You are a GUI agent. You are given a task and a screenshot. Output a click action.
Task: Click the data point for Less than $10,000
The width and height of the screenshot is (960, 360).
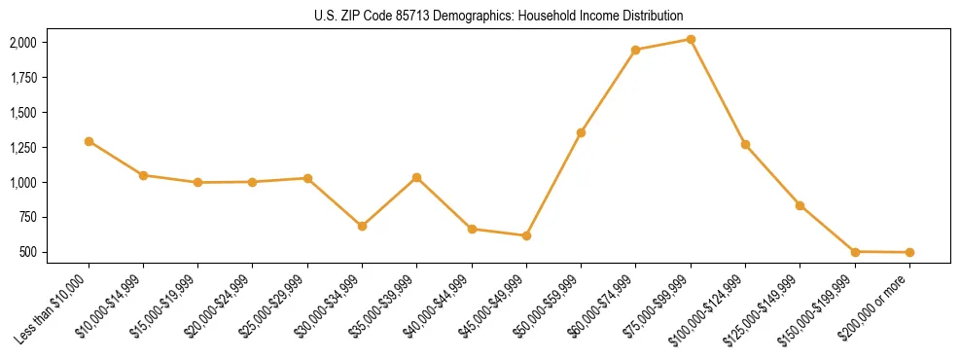pos(89,141)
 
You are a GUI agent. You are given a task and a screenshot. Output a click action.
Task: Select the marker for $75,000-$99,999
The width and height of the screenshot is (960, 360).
pos(691,39)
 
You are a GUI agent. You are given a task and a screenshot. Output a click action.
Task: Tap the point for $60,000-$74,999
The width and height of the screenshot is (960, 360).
pos(635,50)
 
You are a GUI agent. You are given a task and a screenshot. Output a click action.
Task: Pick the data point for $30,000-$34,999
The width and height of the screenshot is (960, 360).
pos(362,226)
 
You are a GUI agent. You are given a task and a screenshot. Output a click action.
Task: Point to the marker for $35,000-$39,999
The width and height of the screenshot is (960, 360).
pos(416,177)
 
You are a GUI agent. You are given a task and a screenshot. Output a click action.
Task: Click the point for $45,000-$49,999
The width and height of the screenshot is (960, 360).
pos(526,235)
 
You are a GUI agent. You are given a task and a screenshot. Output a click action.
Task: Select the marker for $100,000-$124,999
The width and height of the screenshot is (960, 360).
pos(745,144)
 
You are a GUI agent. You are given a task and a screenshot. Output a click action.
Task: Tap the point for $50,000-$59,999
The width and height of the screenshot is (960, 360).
pos(581,132)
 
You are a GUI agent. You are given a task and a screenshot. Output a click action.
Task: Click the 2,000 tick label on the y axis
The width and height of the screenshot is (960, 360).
pos(22,43)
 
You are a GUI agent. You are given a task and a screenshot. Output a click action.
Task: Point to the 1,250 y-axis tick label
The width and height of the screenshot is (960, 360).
pos(22,148)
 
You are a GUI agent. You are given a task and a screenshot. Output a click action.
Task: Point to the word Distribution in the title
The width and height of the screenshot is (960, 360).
pos(654,16)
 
